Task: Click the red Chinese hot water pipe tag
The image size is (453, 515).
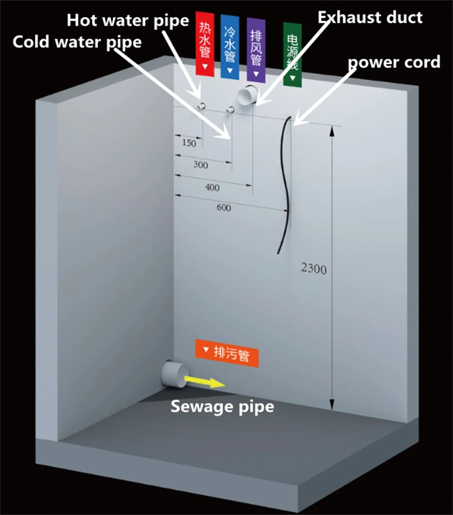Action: pos(205,44)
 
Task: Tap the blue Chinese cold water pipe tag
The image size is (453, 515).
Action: pos(230,47)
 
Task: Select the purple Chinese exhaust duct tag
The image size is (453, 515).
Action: pos(256,50)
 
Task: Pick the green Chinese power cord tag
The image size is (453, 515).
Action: pos(292,55)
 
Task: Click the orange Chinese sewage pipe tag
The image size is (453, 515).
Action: pos(227,353)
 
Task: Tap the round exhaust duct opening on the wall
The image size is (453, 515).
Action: pos(248,94)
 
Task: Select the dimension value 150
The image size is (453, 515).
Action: pos(189,143)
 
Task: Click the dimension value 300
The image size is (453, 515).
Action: pos(201,165)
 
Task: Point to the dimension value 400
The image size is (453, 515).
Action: pos(213,187)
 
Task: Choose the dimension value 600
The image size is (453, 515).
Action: pos(223,207)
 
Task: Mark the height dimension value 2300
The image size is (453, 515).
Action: pos(313,269)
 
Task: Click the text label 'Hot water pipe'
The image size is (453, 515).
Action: pos(128,21)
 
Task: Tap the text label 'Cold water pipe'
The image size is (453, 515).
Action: pos(77,42)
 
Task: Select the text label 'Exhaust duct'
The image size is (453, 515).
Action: pos(370,18)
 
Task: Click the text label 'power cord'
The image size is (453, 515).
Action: pos(394,62)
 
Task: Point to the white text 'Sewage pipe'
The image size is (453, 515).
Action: pos(222,407)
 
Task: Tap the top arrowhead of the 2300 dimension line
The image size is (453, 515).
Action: pos(332,131)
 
